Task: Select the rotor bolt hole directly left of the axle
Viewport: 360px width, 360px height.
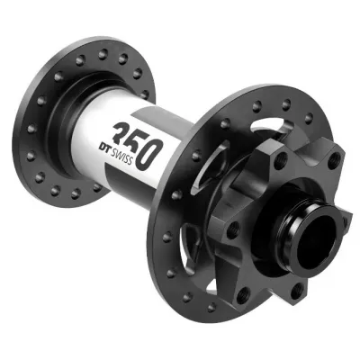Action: click(x=232, y=228)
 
